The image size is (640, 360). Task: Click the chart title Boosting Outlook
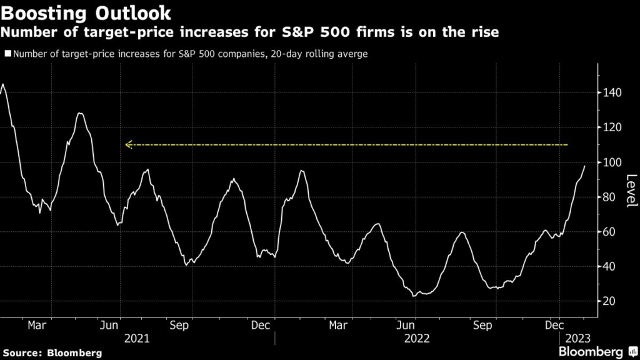click(87, 12)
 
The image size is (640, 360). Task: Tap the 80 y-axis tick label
click(612, 197)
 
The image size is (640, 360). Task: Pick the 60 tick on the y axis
click(612, 232)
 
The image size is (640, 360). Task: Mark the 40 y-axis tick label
click(612, 267)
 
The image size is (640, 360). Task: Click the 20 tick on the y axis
click(612, 301)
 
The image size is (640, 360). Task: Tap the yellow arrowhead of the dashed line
click(127, 145)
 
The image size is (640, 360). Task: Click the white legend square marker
click(7, 54)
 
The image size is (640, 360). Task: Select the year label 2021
click(137, 338)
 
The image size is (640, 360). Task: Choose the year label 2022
click(417, 338)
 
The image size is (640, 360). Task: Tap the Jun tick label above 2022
click(407, 325)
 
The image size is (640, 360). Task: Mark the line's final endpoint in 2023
click(585, 166)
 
